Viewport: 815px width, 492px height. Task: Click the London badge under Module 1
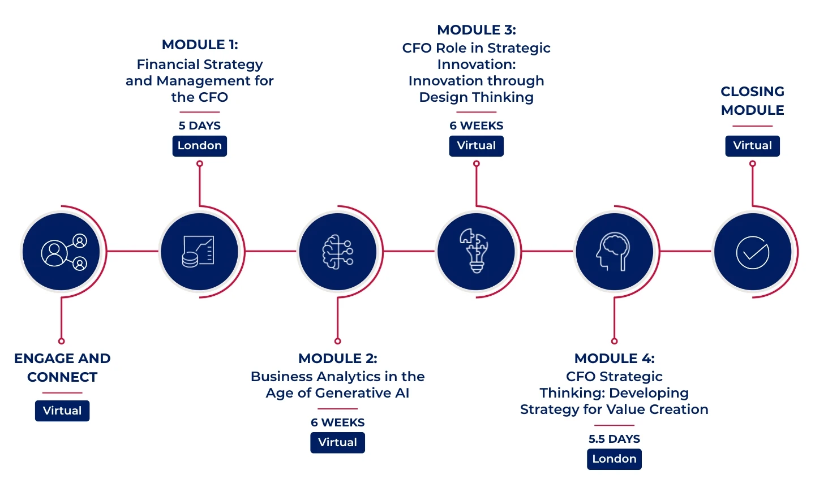[x=199, y=146]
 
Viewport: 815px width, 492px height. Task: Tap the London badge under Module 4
[x=614, y=459]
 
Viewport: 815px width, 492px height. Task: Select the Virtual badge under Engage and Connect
[x=62, y=411]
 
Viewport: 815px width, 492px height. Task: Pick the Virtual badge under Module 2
[x=337, y=443]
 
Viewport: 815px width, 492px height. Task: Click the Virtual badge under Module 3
[x=476, y=146]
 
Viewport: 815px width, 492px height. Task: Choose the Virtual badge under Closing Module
[x=752, y=146]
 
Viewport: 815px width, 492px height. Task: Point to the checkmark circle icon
[x=752, y=252]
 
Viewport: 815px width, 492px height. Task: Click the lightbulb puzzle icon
[x=476, y=251]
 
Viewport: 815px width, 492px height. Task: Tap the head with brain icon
[x=614, y=252]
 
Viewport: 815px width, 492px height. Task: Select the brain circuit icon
[x=338, y=252]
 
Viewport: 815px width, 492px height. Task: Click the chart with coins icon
[x=199, y=252]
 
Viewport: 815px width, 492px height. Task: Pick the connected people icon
[x=62, y=252]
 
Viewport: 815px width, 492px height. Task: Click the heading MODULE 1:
[x=200, y=45]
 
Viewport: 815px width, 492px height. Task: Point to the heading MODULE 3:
[x=477, y=30]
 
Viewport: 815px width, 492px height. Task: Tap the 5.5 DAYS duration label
[x=614, y=439]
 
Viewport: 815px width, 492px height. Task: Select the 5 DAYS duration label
[x=200, y=126]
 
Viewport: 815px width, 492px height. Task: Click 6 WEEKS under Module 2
[x=338, y=423]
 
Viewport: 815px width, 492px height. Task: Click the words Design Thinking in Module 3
[x=477, y=98]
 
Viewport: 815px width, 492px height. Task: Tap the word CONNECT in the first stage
[x=62, y=377]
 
